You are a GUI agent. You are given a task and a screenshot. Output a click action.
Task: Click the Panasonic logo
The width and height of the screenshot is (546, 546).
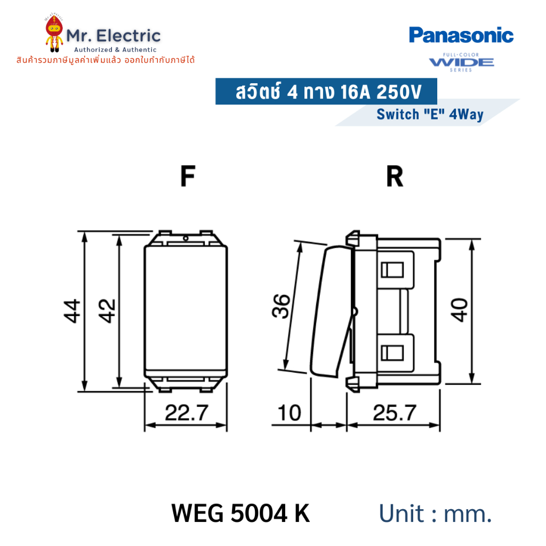[x=461, y=35]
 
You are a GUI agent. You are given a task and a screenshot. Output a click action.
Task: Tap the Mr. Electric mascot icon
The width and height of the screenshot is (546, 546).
[x=54, y=34]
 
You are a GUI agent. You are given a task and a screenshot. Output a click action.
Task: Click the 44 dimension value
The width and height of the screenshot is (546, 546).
[x=72, y=311]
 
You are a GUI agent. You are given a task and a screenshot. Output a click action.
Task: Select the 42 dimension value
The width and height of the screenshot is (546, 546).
[x=107, y=311]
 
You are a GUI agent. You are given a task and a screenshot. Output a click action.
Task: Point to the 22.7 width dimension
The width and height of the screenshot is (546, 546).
[x=187, y=413]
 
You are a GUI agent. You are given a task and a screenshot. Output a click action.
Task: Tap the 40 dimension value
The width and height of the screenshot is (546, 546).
[x=459, y=310]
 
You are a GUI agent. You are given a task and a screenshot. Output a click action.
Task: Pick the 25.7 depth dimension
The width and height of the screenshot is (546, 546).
[x=395, y=413]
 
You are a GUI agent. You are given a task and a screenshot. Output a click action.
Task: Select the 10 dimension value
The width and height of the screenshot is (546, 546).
[x=290, y=413]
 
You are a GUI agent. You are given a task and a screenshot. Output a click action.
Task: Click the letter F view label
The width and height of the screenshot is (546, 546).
[x=188, y=176]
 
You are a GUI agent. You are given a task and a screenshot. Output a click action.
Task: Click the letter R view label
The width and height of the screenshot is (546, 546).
[x=395, y=176]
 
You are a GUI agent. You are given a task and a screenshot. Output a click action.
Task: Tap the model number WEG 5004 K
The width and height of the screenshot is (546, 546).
[x=240, y=513]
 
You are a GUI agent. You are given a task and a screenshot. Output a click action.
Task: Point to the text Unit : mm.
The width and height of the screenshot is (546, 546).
[x=435, y=513]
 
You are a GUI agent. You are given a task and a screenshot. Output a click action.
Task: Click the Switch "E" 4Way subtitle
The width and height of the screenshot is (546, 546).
[x=430, y=114]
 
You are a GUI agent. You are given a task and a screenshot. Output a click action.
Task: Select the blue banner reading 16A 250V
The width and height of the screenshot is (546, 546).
[x=326, y=91]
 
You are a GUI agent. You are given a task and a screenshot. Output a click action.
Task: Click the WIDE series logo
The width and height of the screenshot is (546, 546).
[x=461, y=62]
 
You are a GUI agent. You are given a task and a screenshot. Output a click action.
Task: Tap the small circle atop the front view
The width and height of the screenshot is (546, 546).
[x=186, y=238]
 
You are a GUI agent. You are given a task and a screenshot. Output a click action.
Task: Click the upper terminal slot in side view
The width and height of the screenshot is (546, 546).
[x=392, y=270]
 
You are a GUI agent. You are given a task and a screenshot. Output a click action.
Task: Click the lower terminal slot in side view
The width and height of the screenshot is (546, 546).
[x=392, y=353]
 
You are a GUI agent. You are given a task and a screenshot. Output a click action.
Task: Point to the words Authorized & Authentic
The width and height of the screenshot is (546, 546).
[x=115, y=50]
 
